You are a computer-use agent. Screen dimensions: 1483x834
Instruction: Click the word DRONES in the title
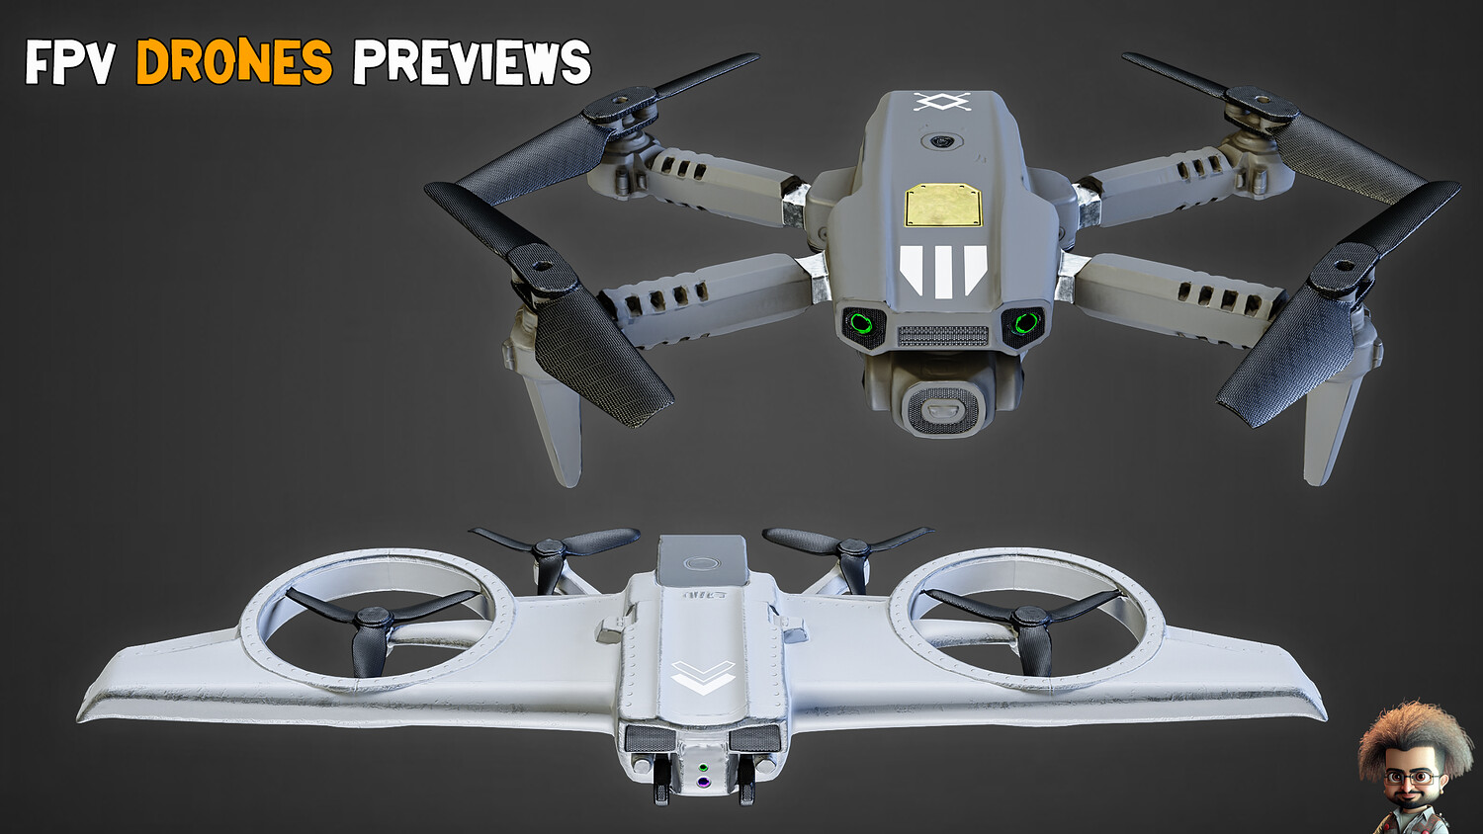pos(234,61)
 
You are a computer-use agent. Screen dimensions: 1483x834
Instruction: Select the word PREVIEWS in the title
pos(472,61)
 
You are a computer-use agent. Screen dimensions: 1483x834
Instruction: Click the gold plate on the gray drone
pos(943,205)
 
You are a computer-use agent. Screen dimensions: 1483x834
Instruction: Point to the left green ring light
pos(861,324)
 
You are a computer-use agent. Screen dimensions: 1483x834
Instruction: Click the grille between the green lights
pos(943,336)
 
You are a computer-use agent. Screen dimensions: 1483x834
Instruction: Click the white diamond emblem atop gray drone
pos(942,102)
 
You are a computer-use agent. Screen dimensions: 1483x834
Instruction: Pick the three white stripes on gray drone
pos(943,271)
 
